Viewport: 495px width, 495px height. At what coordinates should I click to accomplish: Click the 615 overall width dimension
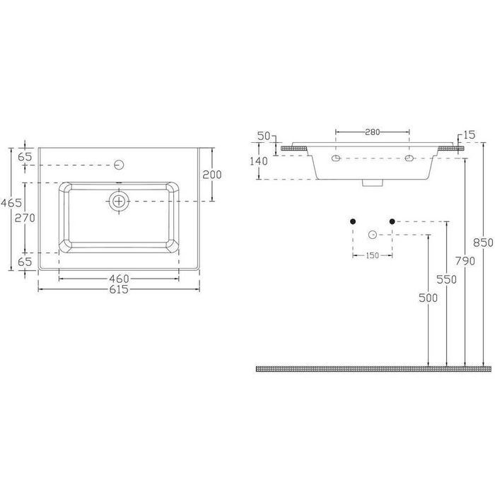coord(119,289)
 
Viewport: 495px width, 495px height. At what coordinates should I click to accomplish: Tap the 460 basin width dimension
coord(119,279)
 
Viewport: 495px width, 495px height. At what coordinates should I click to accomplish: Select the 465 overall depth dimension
coord(11,203)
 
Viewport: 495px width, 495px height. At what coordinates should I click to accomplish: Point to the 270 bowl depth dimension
coord(25,218)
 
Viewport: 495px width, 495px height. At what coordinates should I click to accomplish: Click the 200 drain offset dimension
coord(212,175)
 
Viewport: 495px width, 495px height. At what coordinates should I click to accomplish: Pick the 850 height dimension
coord(483,243)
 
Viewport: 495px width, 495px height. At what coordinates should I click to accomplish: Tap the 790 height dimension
coord(465,261)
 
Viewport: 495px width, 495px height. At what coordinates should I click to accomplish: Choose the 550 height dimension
coord(447,279)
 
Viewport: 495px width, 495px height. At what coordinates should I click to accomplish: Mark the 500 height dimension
coord(428,298)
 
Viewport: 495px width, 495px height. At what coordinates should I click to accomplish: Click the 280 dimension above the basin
coord(372,132)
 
